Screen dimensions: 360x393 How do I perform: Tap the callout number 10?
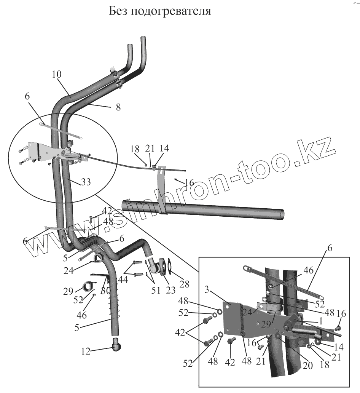(57, 75)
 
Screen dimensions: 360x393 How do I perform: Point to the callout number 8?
(118, 107)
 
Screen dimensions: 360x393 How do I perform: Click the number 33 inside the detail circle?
(86, 182)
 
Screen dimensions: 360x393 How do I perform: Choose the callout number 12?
(86, 351)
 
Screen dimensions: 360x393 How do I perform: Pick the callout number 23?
(171, 290)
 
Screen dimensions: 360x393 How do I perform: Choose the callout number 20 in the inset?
(307, 365)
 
